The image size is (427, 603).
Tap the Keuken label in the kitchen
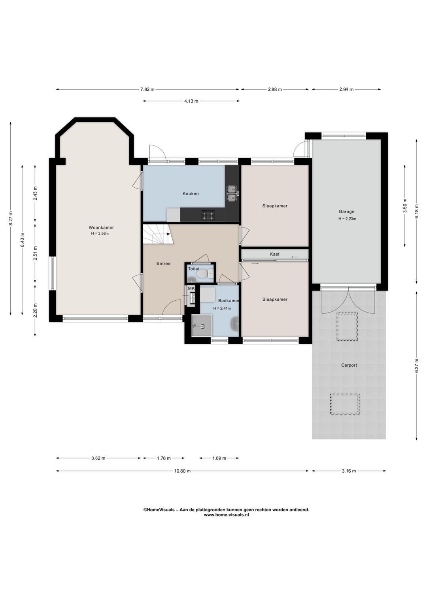tap(191, 194)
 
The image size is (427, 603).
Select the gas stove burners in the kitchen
tap(208, 215)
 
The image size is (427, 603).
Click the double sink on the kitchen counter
tap(232, 193)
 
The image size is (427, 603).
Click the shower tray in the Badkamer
tap(201, 326)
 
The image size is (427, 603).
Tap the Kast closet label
tap(275, 254)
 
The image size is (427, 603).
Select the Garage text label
tap(347, 211)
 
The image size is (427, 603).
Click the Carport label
tap(349, 365)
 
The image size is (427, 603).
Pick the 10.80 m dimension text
tap(182, 471)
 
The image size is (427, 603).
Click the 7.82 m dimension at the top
tap(147, 89)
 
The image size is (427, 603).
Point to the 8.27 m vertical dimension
tap(11, 218)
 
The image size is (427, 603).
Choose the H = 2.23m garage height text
tap(347, 219)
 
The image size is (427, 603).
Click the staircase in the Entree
tap(156, 234)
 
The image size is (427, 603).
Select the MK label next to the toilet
tap(191, 288)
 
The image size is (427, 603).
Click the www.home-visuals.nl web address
tap(226, 514)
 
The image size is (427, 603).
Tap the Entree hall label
tap(164, 264)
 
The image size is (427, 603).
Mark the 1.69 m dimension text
tap(219, 458)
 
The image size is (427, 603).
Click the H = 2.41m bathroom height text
tap(222, 309)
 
